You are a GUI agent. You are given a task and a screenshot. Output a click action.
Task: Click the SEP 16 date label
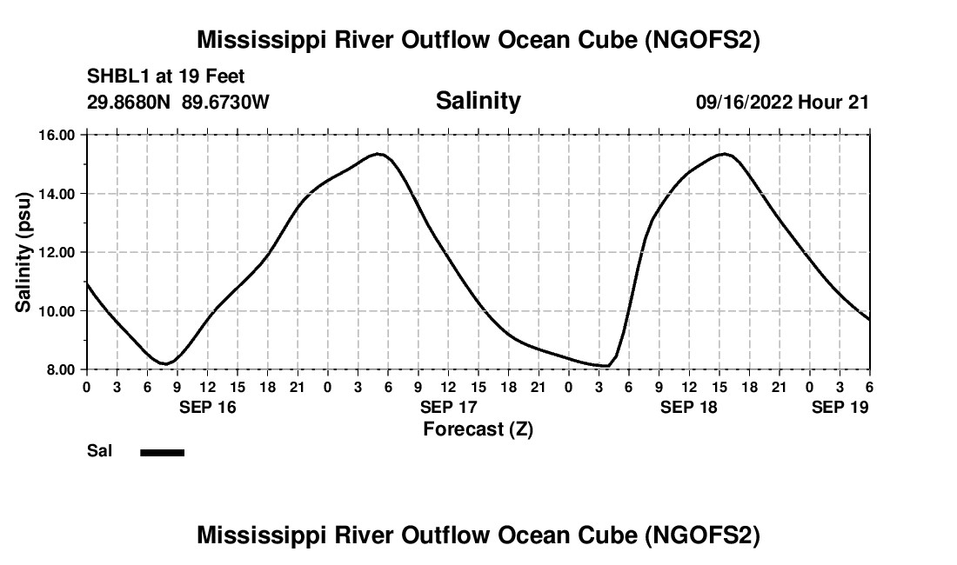click(x=207, y=407)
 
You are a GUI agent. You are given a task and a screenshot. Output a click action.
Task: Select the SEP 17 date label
click(x=448, y=407)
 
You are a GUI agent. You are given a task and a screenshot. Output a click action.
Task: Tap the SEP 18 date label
click(x=689, y=407)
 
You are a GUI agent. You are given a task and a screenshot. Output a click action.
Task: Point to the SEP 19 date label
click(x=840, y=407)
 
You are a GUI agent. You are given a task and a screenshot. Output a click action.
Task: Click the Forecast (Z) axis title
click(x=478, y=429)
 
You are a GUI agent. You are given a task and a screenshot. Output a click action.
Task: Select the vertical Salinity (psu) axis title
click(x=23, y=252)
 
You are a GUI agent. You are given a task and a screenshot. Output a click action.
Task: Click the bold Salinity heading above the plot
click(x=478, y=101)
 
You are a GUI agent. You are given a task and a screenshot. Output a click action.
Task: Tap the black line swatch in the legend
click(x=162, y=452)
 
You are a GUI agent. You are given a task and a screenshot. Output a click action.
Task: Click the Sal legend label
click(x=99, y=451)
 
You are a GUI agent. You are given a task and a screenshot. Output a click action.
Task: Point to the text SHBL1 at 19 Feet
click(x=166, y=76)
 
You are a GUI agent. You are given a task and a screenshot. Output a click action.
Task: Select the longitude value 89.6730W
click(x=226, y=102)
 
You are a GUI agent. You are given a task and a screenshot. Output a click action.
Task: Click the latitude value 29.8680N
click(x=130, y=102)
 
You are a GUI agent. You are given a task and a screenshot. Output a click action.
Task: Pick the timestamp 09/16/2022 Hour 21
click(x=782, y=102)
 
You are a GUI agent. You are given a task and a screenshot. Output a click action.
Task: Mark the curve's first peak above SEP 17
click(x=378, y=154)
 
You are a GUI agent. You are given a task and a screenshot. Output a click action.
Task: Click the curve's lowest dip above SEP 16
click(x=165, y=363)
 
